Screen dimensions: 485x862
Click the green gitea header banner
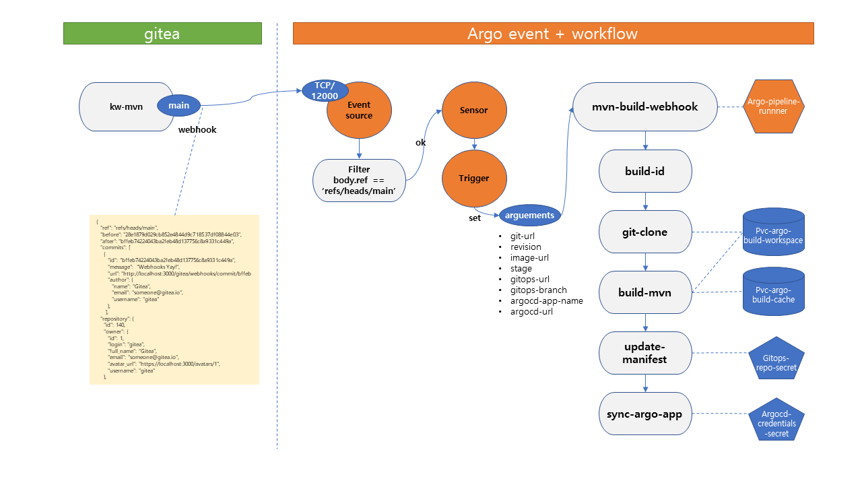162,34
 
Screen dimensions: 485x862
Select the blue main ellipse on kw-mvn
179,106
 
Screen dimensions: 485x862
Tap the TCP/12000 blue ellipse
325,90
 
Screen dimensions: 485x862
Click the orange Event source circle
359,112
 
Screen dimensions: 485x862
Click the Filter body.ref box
359,181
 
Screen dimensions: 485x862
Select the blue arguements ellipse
529,216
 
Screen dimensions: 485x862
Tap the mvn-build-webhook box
644,106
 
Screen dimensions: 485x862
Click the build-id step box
645,171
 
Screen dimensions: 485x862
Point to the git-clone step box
645,232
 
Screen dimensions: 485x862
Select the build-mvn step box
645,292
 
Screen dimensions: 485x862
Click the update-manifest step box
645,353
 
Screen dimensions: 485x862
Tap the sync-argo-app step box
645,414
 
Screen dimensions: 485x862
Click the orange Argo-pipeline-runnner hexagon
774,106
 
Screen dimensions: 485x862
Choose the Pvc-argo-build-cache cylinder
773,292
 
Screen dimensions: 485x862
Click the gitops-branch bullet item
538,290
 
